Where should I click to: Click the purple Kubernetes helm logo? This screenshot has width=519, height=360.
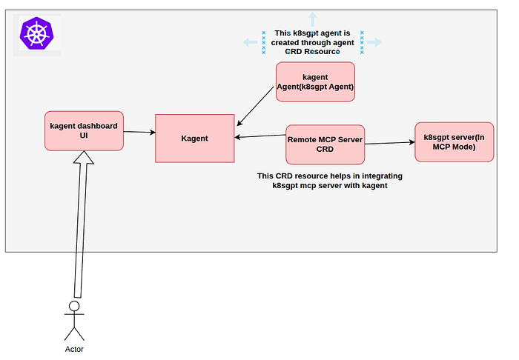[x=37, y=33]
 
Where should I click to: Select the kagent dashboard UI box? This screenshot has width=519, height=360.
[x=84, y=131]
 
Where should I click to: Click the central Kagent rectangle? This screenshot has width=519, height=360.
[x=195, y=139]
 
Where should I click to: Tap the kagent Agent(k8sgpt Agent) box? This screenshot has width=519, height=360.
[x=315, y=81]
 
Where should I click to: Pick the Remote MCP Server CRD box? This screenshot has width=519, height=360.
[x=325, y=144]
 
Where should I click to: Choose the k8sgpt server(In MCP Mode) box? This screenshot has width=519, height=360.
[x=454, y=142]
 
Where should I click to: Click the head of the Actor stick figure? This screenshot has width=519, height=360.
[x=74, y=306]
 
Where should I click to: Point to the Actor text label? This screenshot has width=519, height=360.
[x=74, y=349]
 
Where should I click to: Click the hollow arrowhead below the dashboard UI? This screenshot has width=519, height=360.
[x=84, y=157]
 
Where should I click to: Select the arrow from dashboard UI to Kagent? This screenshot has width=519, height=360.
[x=139, y=133]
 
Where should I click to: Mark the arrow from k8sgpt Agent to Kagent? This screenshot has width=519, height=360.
[x=255, y=107]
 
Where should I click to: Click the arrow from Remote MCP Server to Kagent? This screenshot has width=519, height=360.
[x=260, y=136]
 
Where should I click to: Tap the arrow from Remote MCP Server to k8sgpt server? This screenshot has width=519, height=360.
[x=390, y=143]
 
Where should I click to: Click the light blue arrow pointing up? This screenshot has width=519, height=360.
[x=312, y=19]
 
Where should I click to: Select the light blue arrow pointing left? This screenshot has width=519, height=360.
[x=251, y=42]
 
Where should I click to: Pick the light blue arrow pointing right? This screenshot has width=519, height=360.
[x=374, y=42]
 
